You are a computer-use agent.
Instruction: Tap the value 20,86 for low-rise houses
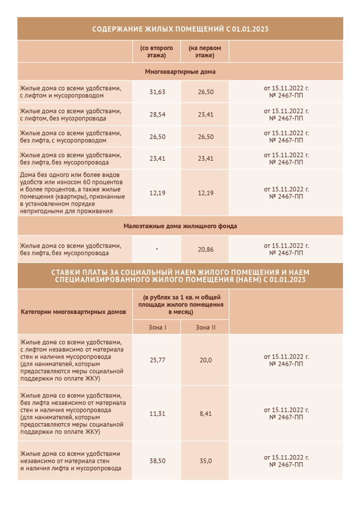pos(206,249)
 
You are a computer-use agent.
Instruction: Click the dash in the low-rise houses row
pos(156,249)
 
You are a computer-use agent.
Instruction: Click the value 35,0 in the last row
pos(206,461)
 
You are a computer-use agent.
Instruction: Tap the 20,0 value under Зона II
pos(206,360)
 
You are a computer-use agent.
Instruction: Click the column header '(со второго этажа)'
pos(156,52)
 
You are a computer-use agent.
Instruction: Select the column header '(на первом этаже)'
pos(205,52)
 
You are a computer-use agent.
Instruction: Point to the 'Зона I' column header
pos(157,327)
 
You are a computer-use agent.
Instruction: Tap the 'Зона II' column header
pos(206,327)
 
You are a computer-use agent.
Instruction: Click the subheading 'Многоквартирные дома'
pos(180,72)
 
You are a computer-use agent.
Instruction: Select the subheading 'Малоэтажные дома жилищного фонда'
pos(180,226)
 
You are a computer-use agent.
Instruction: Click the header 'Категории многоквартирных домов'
pos(73,312)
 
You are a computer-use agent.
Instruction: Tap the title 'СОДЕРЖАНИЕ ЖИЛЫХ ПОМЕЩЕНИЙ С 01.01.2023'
pos(180,29)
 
